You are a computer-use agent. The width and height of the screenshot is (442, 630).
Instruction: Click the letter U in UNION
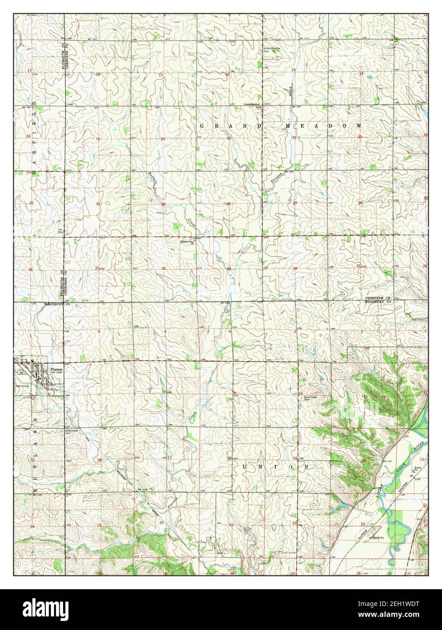click(x=247, y=466)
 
